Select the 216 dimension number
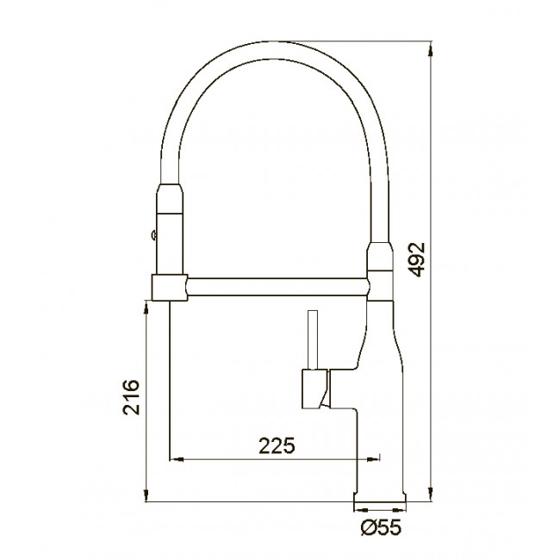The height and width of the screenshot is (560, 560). [131, 397]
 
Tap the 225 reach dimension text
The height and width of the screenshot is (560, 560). [277, 445]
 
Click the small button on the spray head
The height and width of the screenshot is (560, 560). [154, 234]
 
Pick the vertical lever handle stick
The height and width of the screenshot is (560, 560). [313, 339]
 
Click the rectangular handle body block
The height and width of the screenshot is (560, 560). [314, 389]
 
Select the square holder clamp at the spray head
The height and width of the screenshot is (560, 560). [170, 288]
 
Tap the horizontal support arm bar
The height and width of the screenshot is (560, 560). [277, 287]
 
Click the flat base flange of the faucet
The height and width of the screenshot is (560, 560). [380, 497]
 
